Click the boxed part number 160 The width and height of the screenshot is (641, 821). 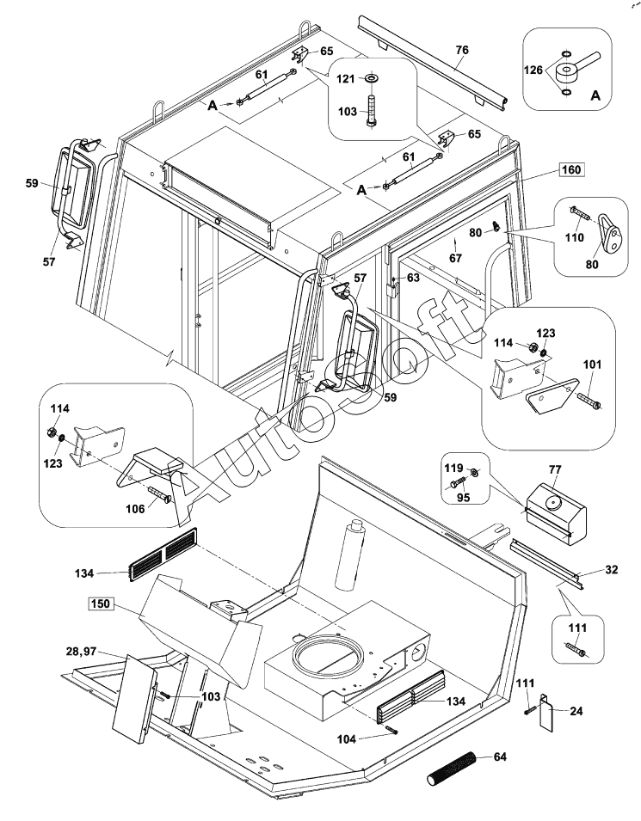[x=570, y=169]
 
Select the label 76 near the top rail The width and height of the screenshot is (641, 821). [x=462, y=51]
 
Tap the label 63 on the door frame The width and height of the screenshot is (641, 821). [x=414, y=278]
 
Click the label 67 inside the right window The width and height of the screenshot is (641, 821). [x=456, y=257]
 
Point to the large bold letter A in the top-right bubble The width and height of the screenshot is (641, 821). [x=595, y=97]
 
